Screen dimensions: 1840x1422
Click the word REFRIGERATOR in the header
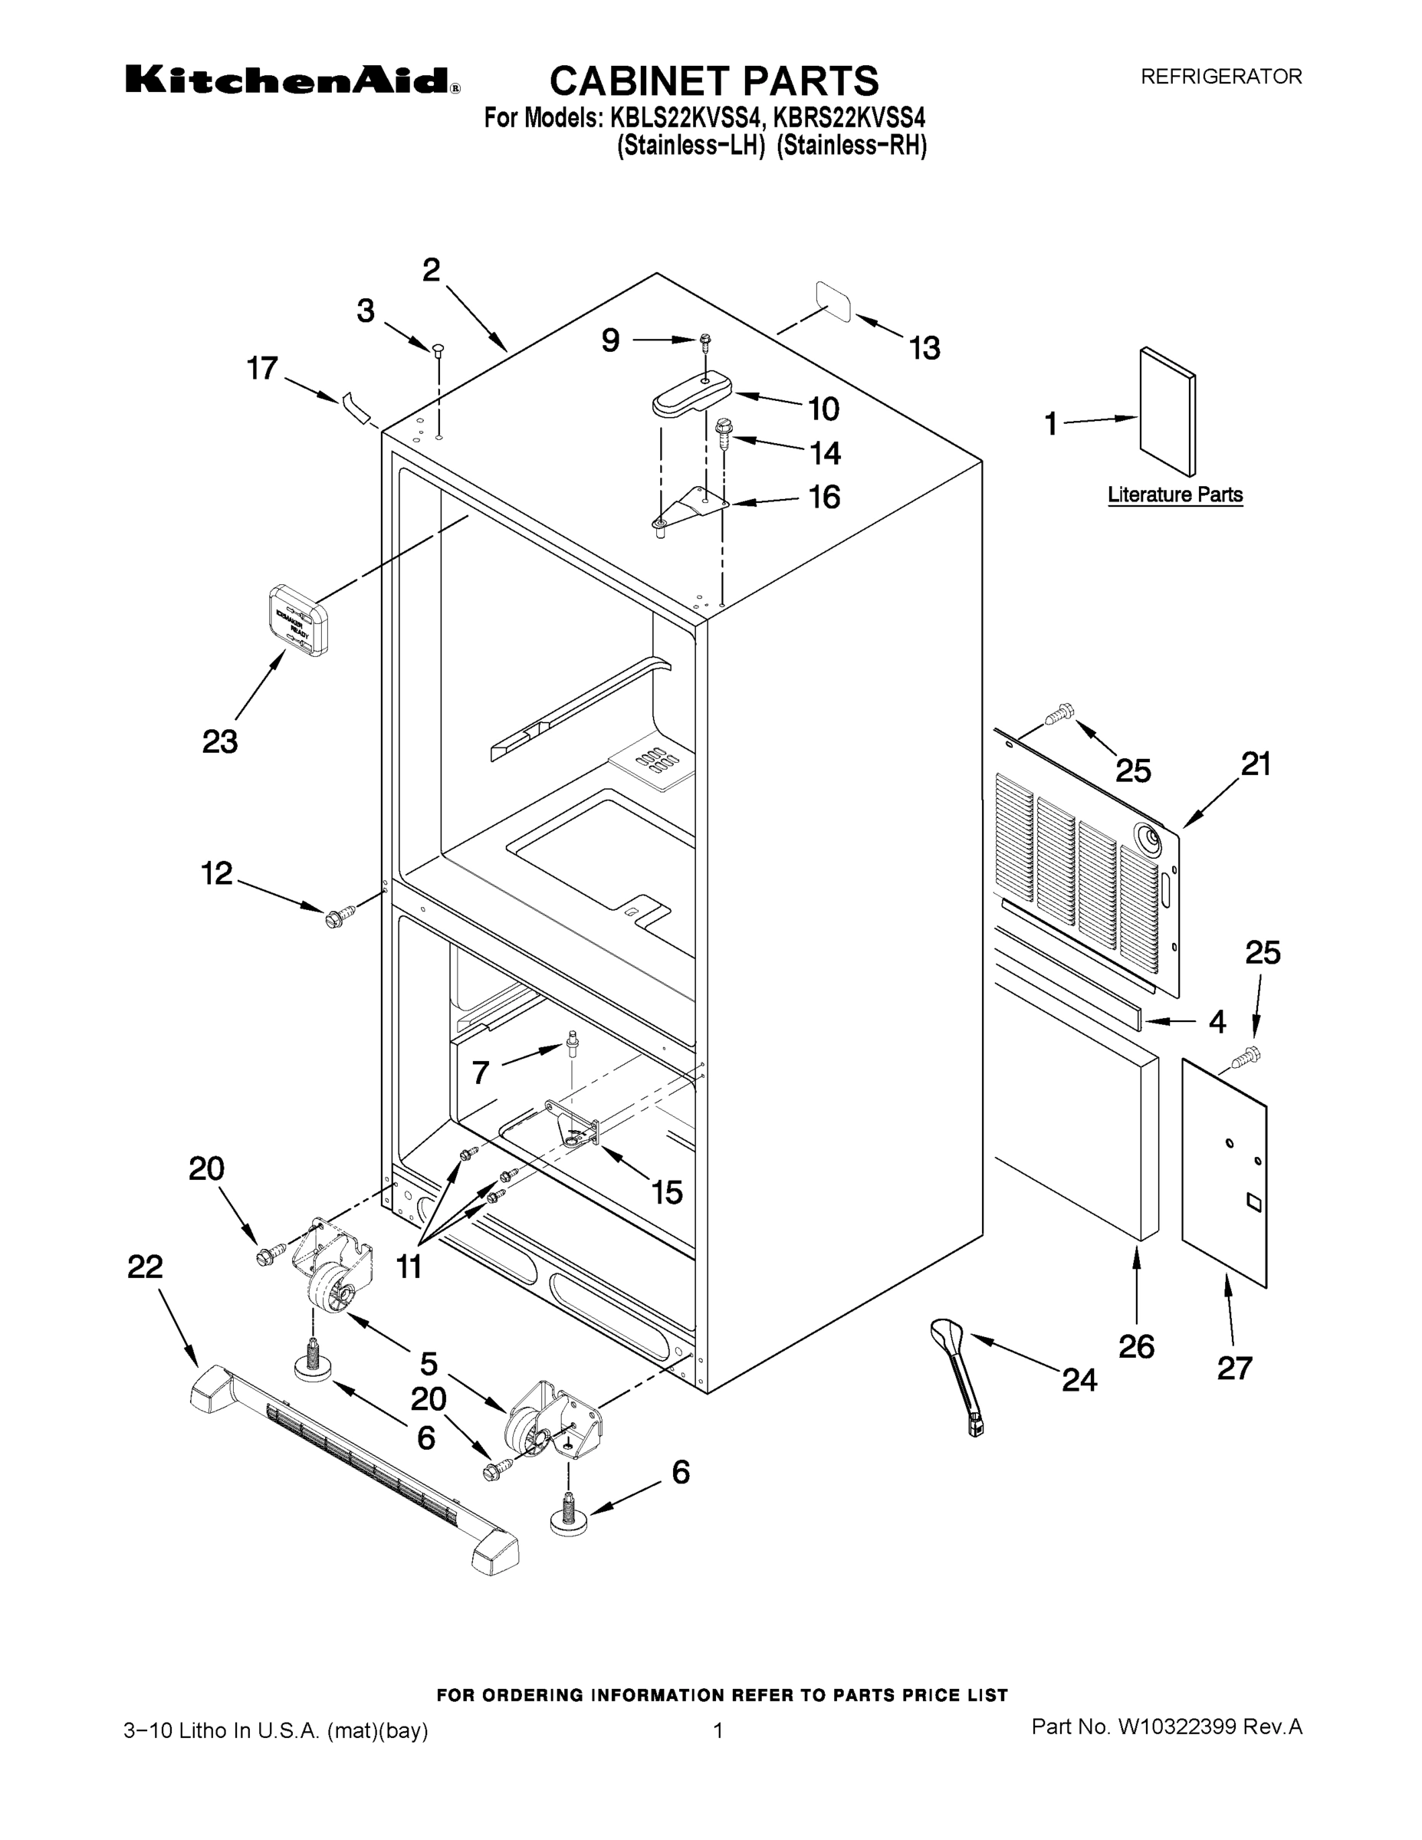coord(1220,77)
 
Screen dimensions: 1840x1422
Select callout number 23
coord(220,741)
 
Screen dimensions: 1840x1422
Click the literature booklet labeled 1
coord(1167,412)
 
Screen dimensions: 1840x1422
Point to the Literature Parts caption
coord(1174,495)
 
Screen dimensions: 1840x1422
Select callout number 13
coord(924,347)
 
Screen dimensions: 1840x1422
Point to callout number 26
coord(1135,1346)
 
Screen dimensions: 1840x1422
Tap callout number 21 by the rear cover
coord(1255,764)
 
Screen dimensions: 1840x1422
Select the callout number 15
coord(666,1191)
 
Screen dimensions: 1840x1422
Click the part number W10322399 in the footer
coord(1176,1727)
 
